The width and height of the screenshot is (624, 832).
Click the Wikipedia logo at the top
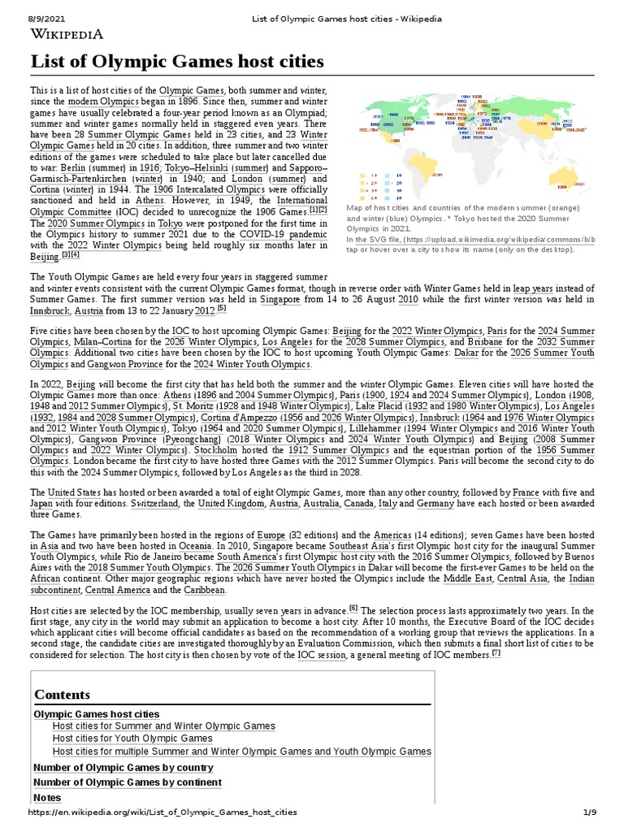click(x=67, y=33)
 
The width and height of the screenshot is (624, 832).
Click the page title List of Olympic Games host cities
click(x=177, y=62)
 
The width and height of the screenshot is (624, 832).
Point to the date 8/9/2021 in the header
click(x=25, y=7)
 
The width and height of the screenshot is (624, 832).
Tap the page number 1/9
click(x=590, y=812)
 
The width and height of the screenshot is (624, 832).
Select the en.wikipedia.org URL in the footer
click(x=162, y=812)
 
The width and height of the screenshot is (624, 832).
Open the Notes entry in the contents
click(x=47, y=797)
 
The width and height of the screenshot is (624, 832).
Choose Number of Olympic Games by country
click(x=123, y=767)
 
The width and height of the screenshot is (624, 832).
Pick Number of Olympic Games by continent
click(x=127, y=782)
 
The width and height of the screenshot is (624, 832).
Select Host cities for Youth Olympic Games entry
click(x=132, y=738)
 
